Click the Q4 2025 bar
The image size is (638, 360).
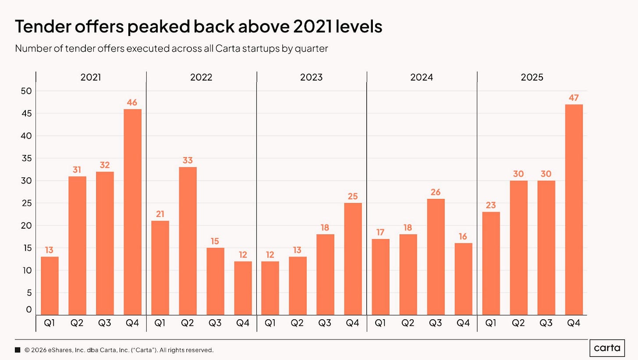pos(574,210)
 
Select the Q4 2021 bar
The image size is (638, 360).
pos(132,212)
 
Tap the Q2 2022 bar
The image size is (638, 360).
pos(188,241)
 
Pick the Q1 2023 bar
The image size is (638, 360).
pos(270,288)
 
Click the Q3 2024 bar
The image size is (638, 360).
pos(436,257)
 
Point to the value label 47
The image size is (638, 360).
pos(574,98)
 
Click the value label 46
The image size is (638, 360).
pos(132,102)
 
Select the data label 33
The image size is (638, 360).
pos(188,160)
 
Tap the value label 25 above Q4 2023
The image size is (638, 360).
pos(353,196)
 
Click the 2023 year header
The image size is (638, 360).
pos(311,78)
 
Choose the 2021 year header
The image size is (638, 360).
pos(91,78)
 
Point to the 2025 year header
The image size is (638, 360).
pos(532,78)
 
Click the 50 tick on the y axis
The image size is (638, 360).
pos(26,91)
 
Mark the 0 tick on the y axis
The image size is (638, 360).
pos(29,309)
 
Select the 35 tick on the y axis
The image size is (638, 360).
pos(26,158)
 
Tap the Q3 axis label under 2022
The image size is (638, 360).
pos(215,323)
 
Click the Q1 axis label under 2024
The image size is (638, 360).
pos(380,323)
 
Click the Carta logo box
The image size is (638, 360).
pos(607,348)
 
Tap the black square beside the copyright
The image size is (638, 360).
pos(18,350)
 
